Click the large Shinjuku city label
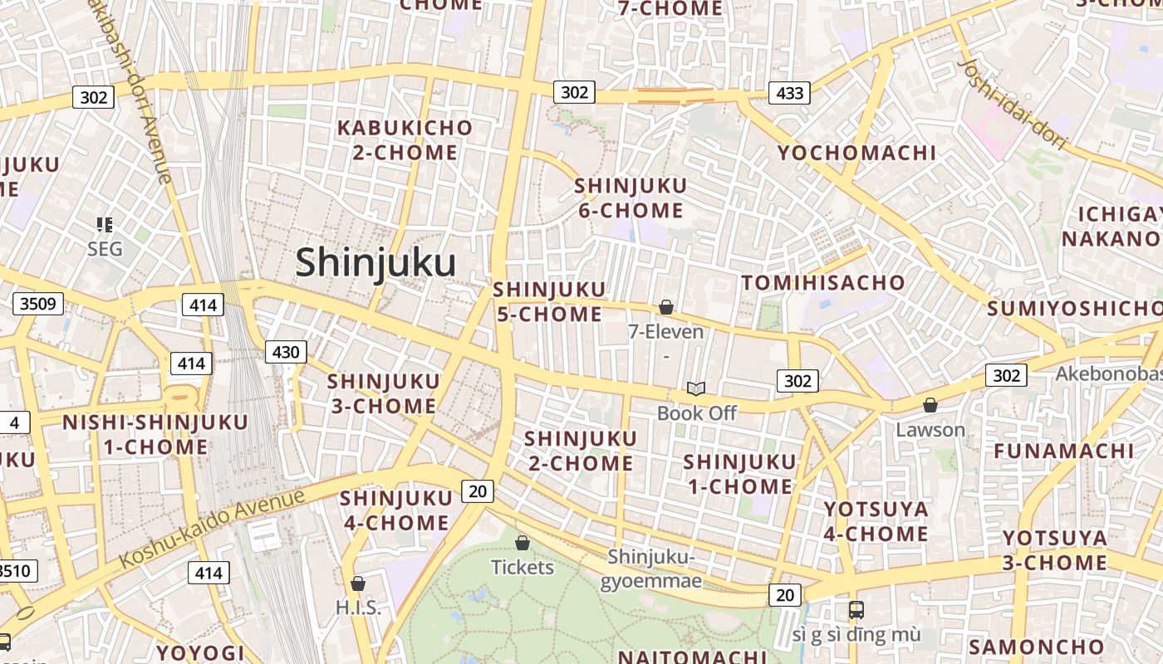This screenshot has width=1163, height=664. pos(375,263)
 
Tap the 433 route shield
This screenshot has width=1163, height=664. pos(788,93)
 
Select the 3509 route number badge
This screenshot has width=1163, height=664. pos(38,303)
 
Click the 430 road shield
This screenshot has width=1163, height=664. pos(286,352)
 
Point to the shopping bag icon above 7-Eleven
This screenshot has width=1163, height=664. pos(665,308)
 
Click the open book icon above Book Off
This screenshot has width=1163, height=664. pos(696,388)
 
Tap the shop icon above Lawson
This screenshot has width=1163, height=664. pos(930,405)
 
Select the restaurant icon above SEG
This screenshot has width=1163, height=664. pos(105,224)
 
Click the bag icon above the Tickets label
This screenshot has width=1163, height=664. pos(523,544)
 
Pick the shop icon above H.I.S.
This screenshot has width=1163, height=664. pos(358,584)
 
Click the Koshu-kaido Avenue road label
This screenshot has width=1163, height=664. pos(212,529)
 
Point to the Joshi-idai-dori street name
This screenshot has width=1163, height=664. pos(1013,104)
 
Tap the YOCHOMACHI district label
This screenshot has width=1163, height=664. pos(856,153)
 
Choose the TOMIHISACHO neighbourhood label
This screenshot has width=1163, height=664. pos(823,283)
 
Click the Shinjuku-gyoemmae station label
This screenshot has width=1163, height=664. pos(651,569)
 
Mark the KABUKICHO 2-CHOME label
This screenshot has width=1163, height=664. pos(405,140)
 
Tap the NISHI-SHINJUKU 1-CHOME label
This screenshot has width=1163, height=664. pos(155,434)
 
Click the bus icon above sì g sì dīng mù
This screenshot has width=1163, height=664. pos(856,610)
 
